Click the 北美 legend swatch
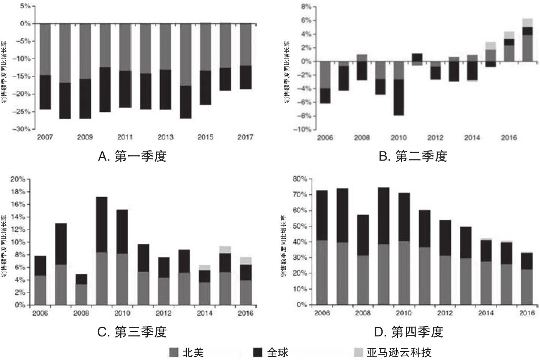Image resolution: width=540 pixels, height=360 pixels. tap(174, 352)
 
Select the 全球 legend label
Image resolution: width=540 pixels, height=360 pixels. tap(277, 352)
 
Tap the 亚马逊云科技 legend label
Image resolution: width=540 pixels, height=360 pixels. tap(399, 352)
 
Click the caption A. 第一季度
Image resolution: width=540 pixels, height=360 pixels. tap(132, 156)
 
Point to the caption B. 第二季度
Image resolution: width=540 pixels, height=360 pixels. tap(412, 156)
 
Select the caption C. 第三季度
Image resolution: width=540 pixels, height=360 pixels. tap(132, 331)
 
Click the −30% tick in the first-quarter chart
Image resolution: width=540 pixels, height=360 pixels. tap(22, 129)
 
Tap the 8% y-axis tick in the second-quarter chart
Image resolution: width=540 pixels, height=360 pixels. tap(306, 7)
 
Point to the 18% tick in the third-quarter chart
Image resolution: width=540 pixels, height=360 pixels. tap(18, 192)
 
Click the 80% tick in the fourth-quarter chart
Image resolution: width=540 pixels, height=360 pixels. tap(300, 179)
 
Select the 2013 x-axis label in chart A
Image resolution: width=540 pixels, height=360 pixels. tap(165, 137)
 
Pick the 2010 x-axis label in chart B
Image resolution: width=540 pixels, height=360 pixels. tap(398, 138)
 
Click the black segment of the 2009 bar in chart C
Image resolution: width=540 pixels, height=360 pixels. tap(102, 224)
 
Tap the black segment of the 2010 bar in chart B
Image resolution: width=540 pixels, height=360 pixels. tap(398, 97)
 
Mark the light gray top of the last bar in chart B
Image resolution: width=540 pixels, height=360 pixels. tap(527, 22)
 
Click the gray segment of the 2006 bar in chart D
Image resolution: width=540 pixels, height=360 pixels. tap(322, 272)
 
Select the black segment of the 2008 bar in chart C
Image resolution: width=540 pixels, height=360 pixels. tap(81, 279)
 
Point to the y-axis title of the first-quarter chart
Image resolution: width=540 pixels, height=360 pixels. tap(4, 71)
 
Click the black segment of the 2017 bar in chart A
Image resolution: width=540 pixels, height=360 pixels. tap(246, 77)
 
